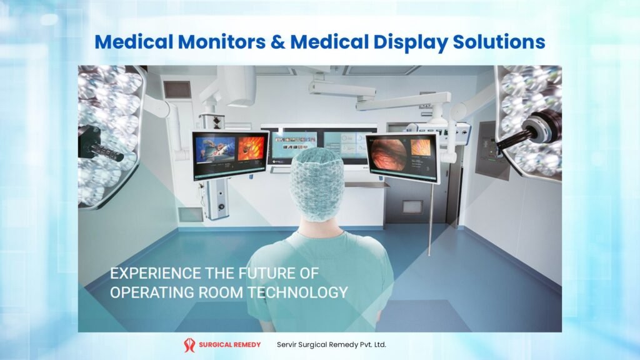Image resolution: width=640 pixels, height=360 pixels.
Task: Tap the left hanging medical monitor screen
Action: (229, 155)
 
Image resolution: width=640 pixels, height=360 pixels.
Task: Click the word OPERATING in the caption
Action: (151, 292)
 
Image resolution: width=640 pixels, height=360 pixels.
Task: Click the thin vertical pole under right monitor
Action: (431, 219)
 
